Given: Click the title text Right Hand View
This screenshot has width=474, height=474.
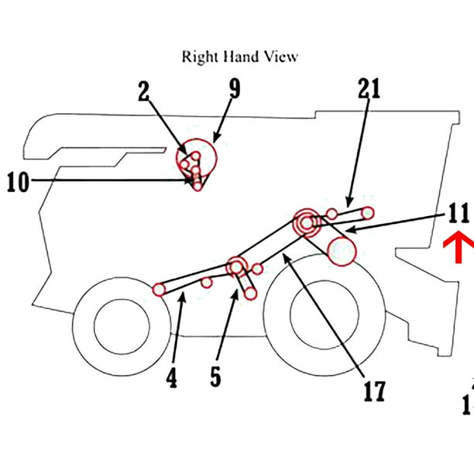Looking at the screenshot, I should point(239,57).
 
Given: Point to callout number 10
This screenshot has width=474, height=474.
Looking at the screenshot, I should point(19,182).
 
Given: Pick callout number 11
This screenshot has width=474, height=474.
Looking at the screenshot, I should point(458,212).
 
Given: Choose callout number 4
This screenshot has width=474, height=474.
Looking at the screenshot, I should point(172,379).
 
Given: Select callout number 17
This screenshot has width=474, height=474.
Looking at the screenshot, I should point(374,390).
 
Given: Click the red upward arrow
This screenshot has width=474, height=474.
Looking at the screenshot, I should point(459,250).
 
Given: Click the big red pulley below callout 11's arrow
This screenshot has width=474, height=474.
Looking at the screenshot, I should point(342,252).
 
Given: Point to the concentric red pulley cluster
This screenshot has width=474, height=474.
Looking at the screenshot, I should point(307,222).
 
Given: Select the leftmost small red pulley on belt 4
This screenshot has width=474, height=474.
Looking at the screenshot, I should point(160,290).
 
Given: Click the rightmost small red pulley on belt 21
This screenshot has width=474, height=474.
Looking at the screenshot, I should point(368,212).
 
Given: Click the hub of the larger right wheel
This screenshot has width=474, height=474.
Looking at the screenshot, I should point(324,316).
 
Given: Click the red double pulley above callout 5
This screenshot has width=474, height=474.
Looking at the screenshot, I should point(237,268).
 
